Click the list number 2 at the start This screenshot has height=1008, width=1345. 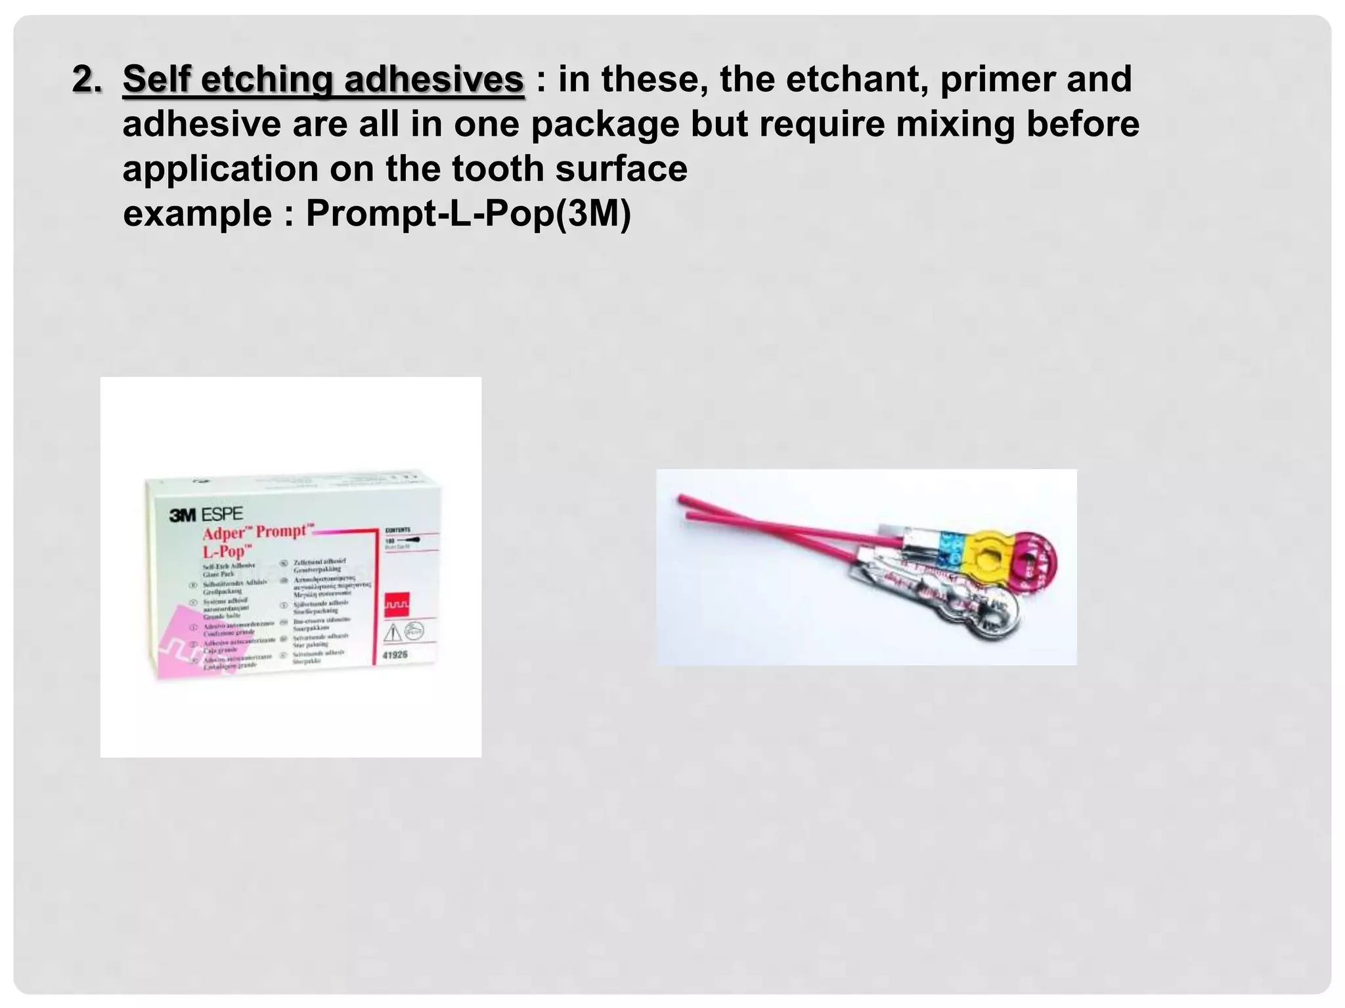(87, 80)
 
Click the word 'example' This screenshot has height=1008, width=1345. (197, 214)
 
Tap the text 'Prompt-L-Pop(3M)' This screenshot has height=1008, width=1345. (468, 214)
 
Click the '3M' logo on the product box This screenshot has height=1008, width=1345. (183, 515)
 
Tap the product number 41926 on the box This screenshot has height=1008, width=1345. (395, 654)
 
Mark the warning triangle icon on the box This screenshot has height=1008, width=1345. (392, 633)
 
